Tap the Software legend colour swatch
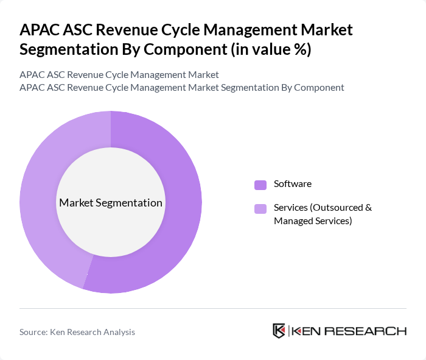pyautogui.click(x=260, y=185)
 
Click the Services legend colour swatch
pyautogui.click(x=260, y=209)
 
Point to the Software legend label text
pyautogui.click(x=293, y=184)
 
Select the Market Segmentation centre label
pyautogui.click(x=111, y=203)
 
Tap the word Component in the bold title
pyautogui.click(x=190, y=49)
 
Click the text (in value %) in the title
pyautogui.click(x=270, y=49)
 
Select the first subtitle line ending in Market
pyautogui.click(x=119, y=75)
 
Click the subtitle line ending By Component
pyautogui.click(x=182, y=88)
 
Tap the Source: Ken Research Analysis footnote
pyautogui.click(x=77, y=332)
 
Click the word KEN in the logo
pyautogui.click(x=306, y=331)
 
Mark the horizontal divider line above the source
pyautogui.click(x=213, y=309)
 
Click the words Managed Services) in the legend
pyautogui.click(x=313, y=221)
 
